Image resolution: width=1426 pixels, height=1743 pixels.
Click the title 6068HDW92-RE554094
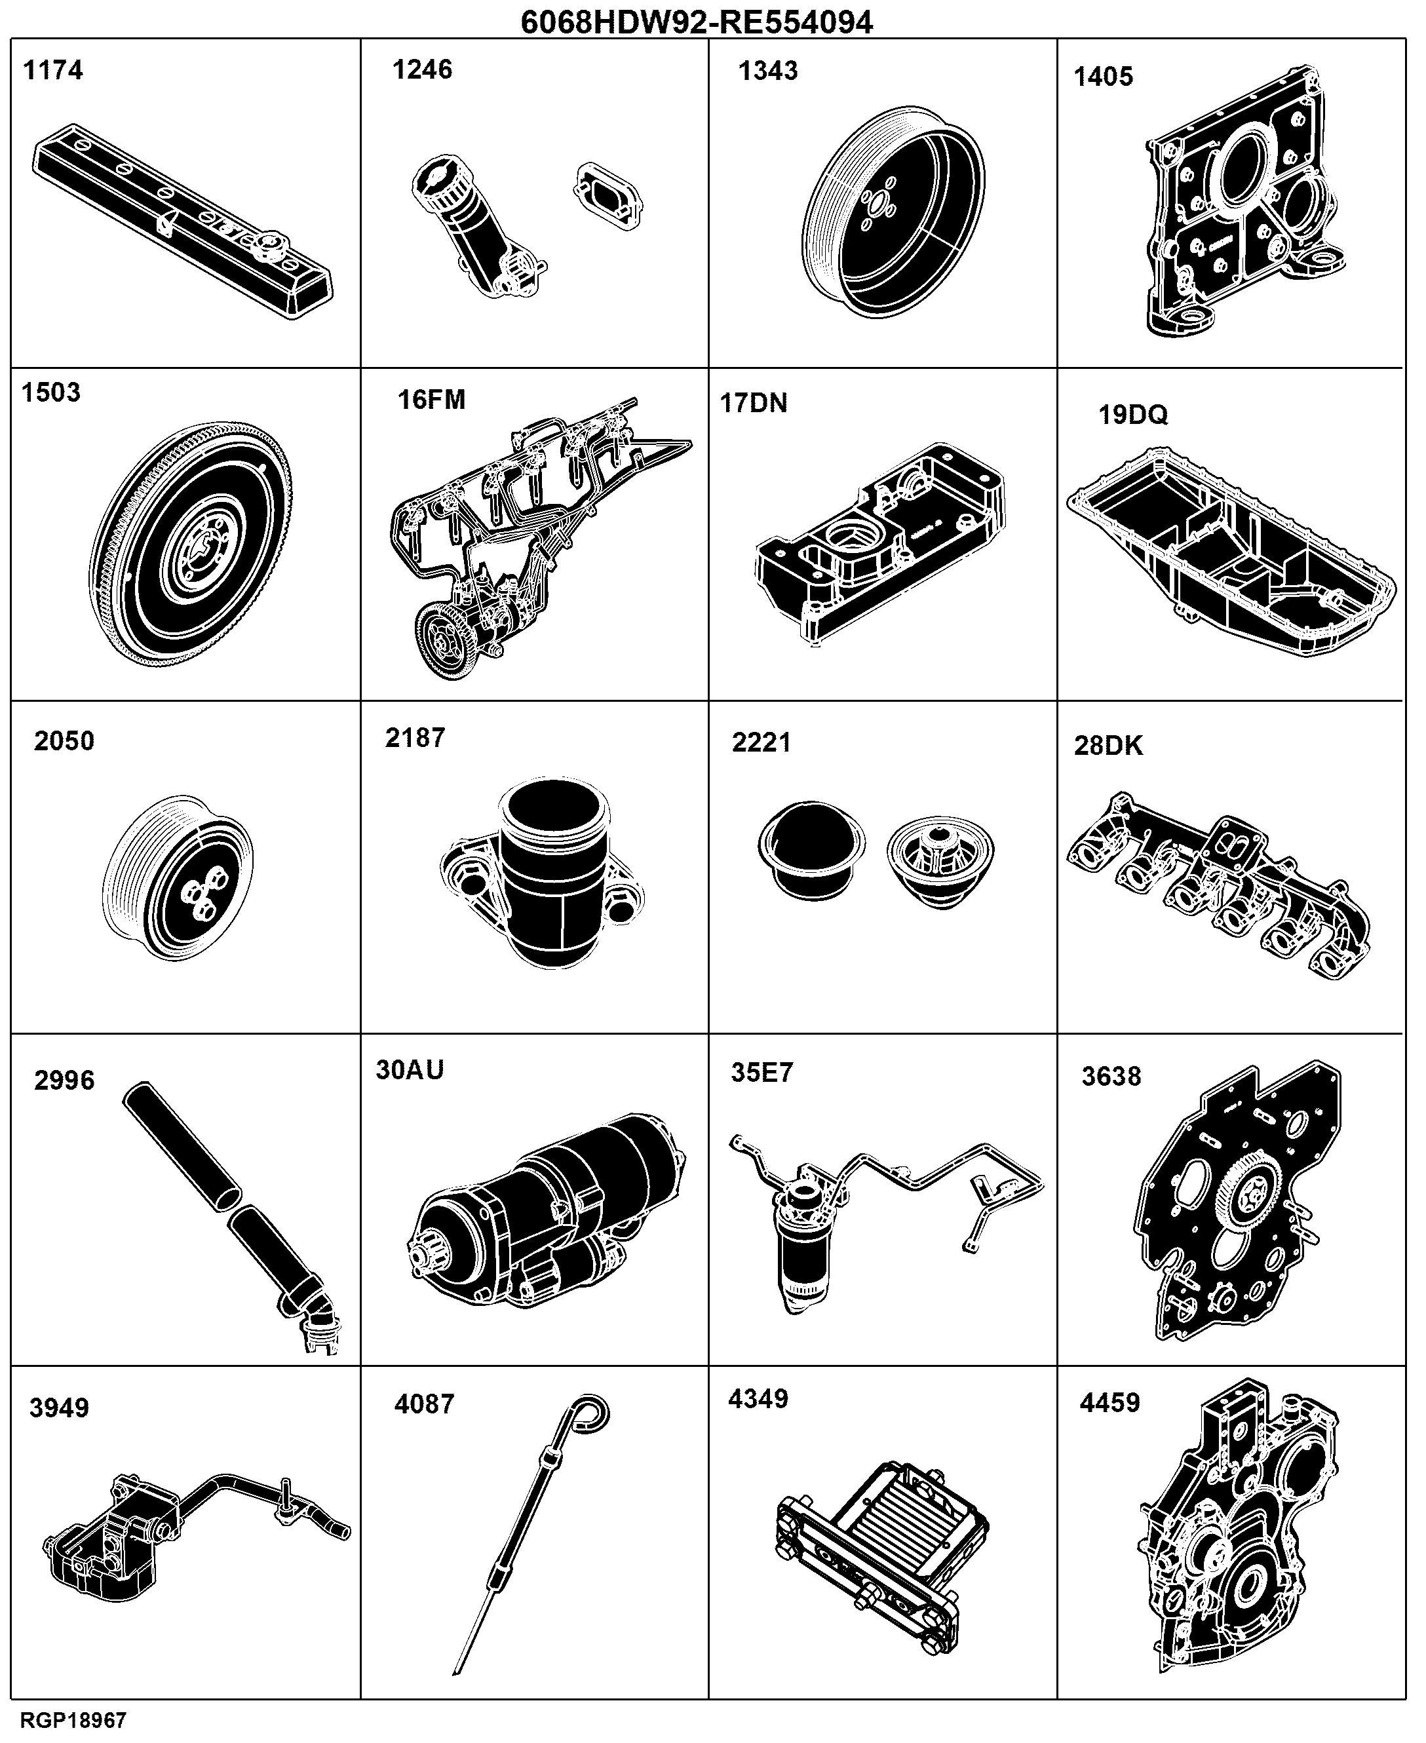697,22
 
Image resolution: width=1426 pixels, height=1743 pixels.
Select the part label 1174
53,71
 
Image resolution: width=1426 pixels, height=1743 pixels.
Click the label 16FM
431,400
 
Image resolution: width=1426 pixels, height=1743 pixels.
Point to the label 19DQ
1133,415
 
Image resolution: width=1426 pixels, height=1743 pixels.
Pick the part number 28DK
1108,746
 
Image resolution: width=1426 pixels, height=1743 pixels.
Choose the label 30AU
410,1069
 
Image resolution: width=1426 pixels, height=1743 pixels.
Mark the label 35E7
762,1073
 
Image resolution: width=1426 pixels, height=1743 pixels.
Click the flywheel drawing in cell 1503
191,544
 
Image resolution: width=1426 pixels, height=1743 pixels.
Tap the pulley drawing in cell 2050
178,877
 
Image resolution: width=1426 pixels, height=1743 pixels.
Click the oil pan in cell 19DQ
1231,551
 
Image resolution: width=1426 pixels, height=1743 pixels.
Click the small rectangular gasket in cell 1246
608,194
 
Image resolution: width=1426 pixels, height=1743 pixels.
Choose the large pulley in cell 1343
893,211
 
